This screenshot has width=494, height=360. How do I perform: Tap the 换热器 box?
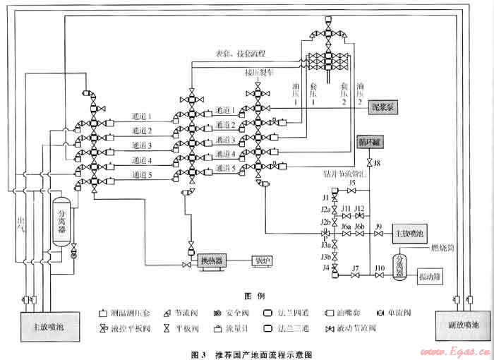(211, 261)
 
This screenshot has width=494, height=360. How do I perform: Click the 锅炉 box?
(263, 261)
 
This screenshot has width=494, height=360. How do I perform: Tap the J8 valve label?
(377, 164)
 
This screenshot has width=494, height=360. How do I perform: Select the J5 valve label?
(351, 183)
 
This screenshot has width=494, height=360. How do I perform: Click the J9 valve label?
(379, 226)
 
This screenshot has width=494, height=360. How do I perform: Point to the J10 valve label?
(380, 268)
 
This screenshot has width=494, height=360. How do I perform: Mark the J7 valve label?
(356, 268)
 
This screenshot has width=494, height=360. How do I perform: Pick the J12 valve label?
(359, 208)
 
